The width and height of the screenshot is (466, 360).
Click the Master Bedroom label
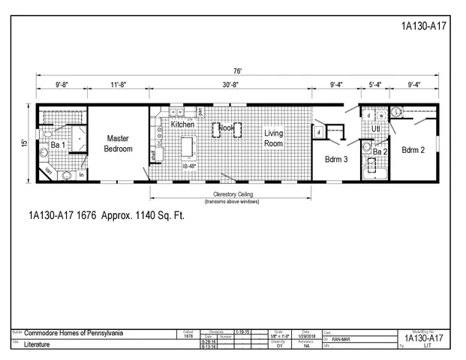click(x=119, y=143)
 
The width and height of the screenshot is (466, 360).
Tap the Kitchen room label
click(x=182, y=124)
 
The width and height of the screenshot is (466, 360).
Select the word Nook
click(x=226, y=128)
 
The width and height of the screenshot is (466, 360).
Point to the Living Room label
click(x=273, y=138)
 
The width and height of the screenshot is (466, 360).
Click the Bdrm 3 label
click(x=335, y=159)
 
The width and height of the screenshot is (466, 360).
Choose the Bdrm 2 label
click(x=413, y=150)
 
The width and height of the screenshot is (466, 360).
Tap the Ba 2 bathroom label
click(x=380, y=152)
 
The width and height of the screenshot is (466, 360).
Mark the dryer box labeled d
click(x=369, y=115)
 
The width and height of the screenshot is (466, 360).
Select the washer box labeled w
click(x=381, y=115)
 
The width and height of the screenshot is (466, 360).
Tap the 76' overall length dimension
click(x=237, y=71)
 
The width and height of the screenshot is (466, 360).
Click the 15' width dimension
click(x=24, y=142)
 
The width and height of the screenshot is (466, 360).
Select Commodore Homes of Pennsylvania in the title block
click(x=74, y=332)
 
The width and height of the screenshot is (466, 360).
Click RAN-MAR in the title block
click(x=342, y=339)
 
